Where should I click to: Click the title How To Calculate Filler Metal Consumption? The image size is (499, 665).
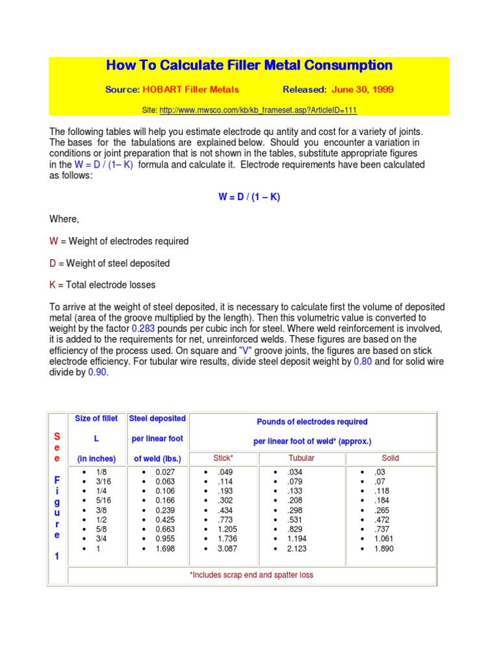point(249,66)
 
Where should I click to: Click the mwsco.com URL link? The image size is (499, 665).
point(258,110)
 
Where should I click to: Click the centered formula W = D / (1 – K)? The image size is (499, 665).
point(249,197)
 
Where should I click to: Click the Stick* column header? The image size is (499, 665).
point(224,458)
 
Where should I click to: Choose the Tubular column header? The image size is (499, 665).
point(301,458)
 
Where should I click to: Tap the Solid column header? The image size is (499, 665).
point(390,458)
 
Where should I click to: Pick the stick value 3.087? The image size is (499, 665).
point(227,549)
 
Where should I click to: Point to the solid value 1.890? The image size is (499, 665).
point(384,549)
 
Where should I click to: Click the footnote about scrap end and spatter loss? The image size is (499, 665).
point(251,575)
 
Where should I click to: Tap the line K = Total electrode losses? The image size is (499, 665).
point(103,285)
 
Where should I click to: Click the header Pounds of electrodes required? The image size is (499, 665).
point(312,422)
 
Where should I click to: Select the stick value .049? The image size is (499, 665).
point(225,471)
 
